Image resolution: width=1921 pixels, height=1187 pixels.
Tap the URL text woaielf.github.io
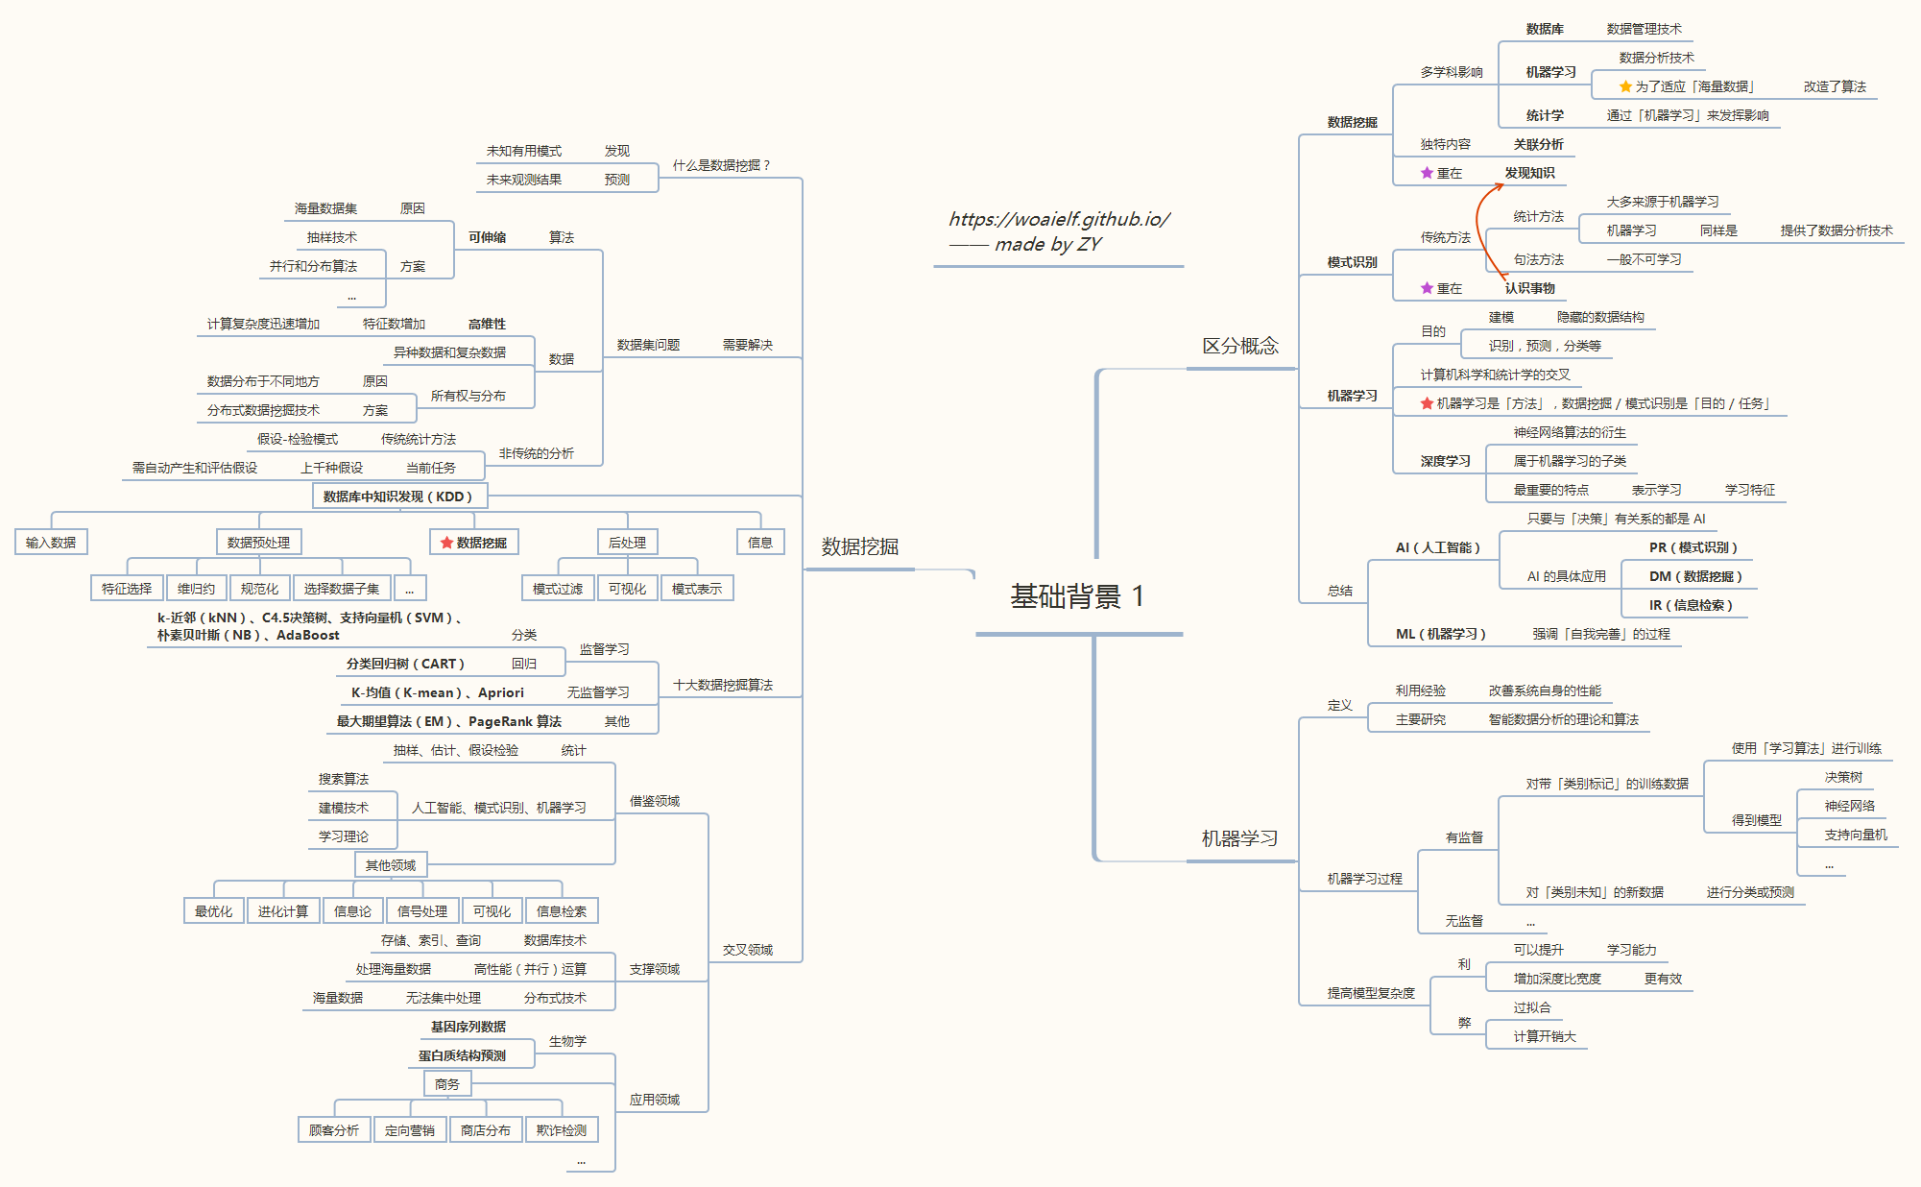(1059, 219)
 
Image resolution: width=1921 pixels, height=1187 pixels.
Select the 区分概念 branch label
(1240, 346)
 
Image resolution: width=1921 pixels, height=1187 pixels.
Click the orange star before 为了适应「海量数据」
(1625, 86)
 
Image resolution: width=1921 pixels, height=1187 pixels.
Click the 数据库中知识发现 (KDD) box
(398, 497)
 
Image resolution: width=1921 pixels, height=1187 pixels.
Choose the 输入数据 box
(51, 543)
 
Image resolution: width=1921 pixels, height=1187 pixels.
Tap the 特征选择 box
(127, 589)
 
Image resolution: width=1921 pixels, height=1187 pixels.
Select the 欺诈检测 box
(562, 1130)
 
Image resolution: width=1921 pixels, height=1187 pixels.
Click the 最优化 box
(213, 911)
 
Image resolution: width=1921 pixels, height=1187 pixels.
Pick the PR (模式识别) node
(1693, 547)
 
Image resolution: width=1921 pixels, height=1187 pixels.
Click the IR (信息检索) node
(1691, 605)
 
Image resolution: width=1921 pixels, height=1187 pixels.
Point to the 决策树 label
(1843, 777)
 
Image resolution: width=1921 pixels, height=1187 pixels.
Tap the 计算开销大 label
(1545, 1036)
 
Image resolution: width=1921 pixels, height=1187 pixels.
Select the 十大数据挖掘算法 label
(723, 685)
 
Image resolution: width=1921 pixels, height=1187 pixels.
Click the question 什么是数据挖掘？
(721, 165)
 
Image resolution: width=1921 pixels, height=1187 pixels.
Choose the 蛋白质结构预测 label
(462, 1055)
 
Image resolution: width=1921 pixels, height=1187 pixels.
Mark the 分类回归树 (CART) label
(405, 664)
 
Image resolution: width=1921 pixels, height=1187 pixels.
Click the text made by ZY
(1047, 244)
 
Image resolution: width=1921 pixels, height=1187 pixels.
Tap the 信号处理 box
(422, 911)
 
